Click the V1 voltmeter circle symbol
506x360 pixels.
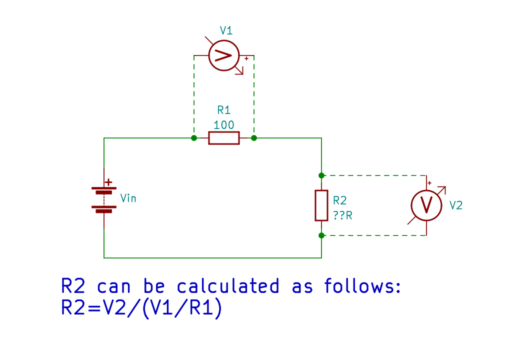click(x=223, y=55)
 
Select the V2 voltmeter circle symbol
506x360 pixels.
click(x=426, y=205)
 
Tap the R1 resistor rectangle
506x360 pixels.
click(x=223, y=137)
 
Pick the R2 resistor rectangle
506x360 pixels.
click(x=321, y=205)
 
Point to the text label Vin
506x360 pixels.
click(x=128, y=198)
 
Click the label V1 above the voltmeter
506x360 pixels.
click(x=226, y=31)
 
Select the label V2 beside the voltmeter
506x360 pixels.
click(x=456, y=205)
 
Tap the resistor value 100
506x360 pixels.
click(x=223, y=125)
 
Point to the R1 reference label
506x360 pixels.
click(x=223, y=110)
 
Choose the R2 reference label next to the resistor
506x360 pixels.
click(x=339, y=200)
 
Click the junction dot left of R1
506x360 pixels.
click(x=194, y=137)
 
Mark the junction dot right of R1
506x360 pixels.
click(x=254, y=137)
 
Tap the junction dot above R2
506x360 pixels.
click(x=321, y=175)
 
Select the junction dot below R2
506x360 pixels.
click(x=321, y=235)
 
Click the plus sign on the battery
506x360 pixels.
click(x=109, y=183)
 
